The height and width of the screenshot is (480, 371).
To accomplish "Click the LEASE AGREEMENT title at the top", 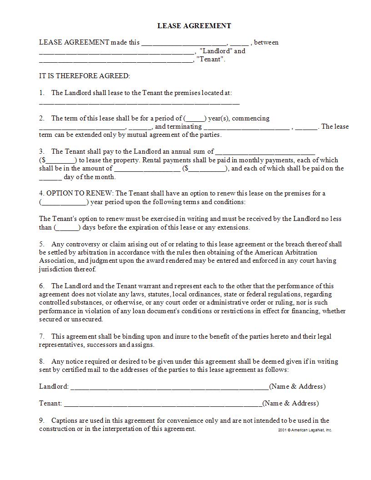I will click(x=194, y=26).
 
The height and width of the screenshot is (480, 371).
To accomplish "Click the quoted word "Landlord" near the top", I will click(x=216, y=51).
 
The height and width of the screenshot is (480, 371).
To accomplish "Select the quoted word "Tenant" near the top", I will click(x=211, y=60).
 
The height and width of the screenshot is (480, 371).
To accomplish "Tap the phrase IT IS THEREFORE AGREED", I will click(x=85, y=76).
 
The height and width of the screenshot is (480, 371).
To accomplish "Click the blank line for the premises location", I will click(x=139, y=103).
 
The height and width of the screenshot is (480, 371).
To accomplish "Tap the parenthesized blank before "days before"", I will click(x=67, y=228).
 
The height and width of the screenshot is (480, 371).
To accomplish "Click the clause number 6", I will click(x=41, y=286).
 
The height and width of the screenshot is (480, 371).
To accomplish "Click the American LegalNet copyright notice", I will click(x=305, y=430).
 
